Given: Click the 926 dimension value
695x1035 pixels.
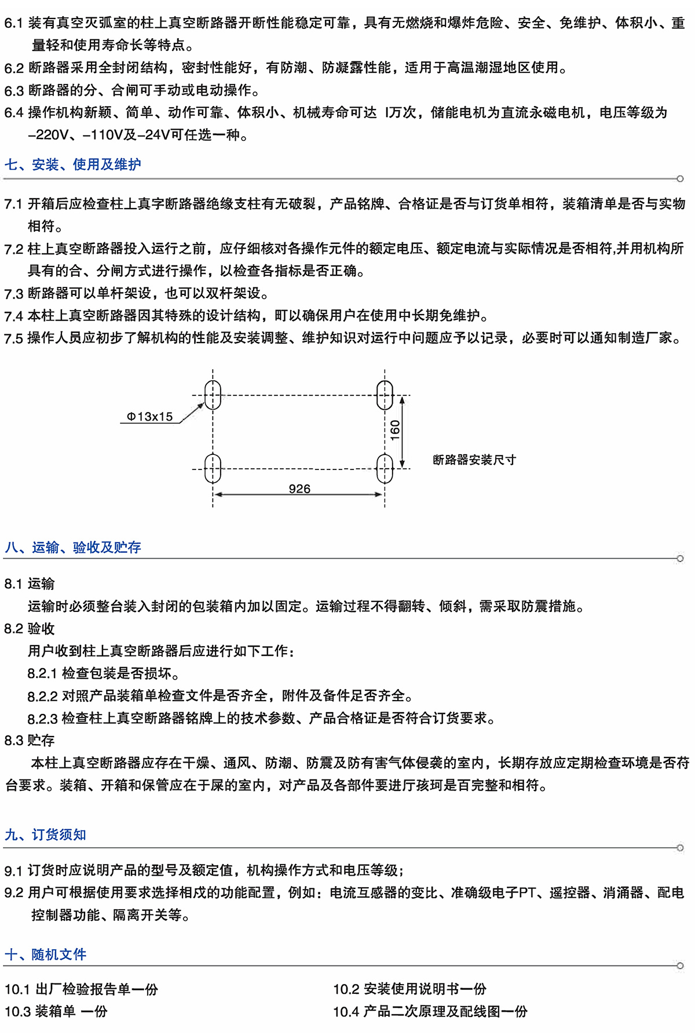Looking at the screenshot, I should (x=299, y=489).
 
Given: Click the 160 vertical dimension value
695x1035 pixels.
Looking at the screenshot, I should (x=395, y=430).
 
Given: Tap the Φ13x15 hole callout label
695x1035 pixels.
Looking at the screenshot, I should (x=149, y=417).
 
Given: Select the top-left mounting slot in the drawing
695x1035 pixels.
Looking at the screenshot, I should (x=213, y=395).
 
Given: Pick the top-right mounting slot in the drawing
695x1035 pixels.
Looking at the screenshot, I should (x=385, y=395).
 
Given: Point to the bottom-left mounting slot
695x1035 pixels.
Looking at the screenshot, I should (x=213, y=468).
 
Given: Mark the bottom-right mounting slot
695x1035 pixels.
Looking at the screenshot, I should (x=385, y=468).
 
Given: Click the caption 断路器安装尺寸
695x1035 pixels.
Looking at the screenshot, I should (x=474, y=460).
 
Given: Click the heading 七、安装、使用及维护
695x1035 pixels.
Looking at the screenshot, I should (x=73, y=165).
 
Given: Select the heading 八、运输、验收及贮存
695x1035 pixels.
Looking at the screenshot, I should (x=73, y=547).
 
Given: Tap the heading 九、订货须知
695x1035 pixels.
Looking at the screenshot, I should (x=46, y=834).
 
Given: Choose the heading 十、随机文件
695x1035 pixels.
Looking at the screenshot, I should (x=46, y=954).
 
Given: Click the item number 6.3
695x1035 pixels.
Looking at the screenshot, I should (x=14, y=91).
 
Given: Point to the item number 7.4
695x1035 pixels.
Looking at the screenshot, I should (x=14, y=316).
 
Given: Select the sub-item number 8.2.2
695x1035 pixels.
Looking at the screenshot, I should (x=42, y=696).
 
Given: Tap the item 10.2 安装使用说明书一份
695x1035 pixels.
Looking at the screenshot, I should (x=409, y=989).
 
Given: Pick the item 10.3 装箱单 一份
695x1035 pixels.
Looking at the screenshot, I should (x=56, y=1012).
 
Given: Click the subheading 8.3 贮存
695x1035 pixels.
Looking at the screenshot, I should (x=30, y=741).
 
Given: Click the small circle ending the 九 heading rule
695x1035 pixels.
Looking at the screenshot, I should (x=680, y=848).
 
